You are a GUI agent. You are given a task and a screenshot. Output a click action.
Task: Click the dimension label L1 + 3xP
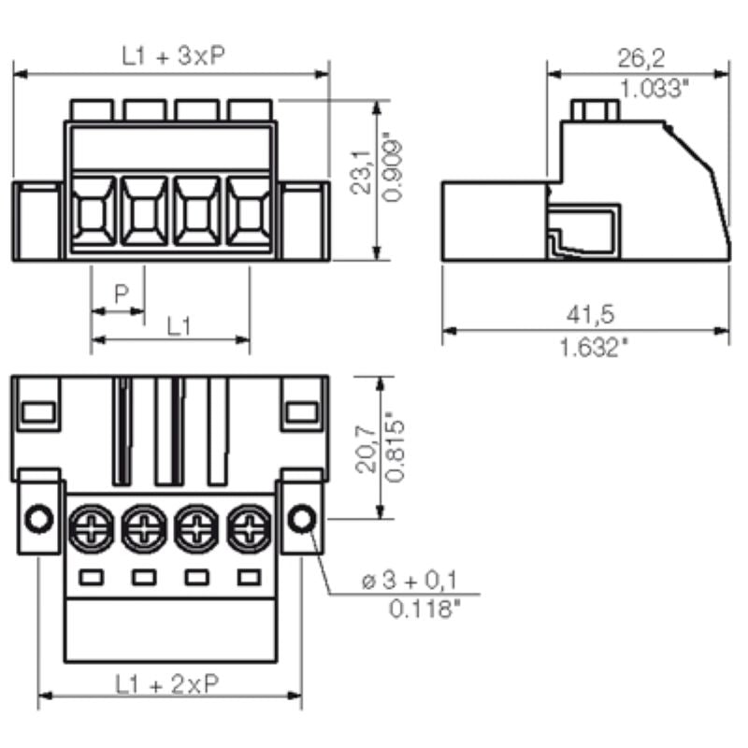pos(174,56)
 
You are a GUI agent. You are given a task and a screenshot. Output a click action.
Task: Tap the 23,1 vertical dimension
pos(359,173)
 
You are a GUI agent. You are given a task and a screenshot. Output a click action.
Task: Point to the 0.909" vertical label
pos(394,173)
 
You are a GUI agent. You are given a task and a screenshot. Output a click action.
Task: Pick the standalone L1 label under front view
pos(179,326)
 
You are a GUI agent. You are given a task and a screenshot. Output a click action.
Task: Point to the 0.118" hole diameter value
pos(424,610)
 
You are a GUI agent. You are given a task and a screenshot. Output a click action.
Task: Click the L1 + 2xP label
pos(167,684)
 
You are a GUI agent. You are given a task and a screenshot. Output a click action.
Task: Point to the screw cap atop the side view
pos(595,110)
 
